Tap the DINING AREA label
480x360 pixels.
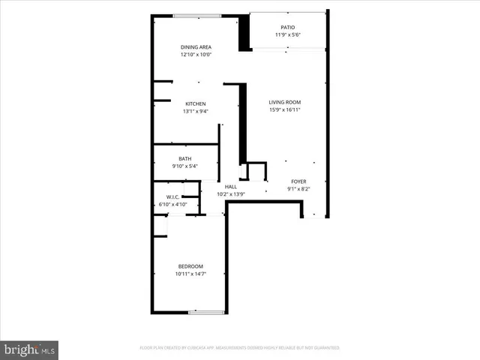point(196,46)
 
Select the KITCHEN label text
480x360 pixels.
point(196,103)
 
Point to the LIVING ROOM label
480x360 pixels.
point(285,102)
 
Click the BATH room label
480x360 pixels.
point(184,158)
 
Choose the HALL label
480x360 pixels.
point(231,187)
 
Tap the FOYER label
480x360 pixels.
point(298,181)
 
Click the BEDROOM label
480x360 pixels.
point(190,266)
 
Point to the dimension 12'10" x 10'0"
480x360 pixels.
point(196,54)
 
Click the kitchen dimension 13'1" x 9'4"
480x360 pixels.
point(196,111)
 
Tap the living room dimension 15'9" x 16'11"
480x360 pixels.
point(285,109)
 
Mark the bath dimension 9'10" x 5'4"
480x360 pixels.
point(184,166)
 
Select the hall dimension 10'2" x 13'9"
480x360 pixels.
point(231,194)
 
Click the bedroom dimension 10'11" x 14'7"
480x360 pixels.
point(190,274)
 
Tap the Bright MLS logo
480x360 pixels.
point(30,349)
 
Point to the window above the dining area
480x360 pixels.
point(196,16)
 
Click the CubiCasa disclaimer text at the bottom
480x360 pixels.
point(240,348)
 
